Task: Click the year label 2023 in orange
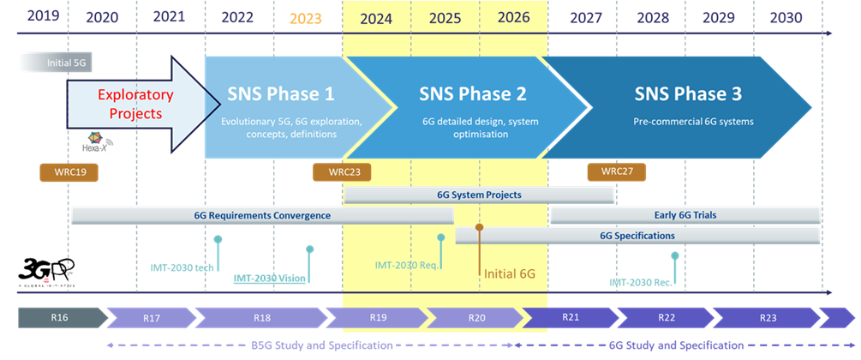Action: click(x=306, y=18)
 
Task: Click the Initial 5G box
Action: click(x=54, y=63)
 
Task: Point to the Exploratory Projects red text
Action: click(x=135, y=104)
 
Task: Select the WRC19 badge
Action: click(x=69, y=172)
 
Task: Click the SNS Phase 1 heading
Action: click(x=281, y=93)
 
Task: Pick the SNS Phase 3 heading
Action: click(x=688, y=93)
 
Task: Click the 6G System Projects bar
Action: click(x=479, y=195)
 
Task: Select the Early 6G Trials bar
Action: click(x=685, y=215)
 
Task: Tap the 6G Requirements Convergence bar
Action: click(x=261, y=215)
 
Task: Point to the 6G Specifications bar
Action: click(x=637, y=235)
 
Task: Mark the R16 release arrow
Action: click(x=60, y=318)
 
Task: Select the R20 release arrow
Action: click(x=477, y=318)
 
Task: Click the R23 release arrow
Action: click(x=768, y=318)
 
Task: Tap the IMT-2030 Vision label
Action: click(x=270, y=279)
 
